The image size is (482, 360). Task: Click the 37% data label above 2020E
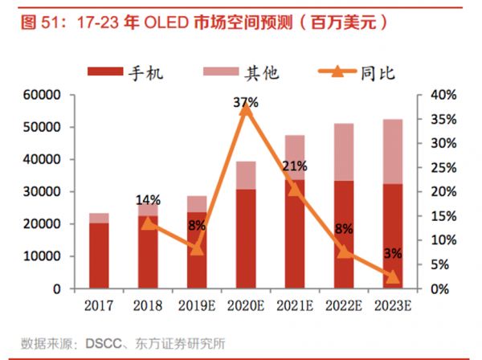click(246, 103)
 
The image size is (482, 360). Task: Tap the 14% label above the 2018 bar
click(148, 200)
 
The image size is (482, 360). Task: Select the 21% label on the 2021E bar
click(295, 167)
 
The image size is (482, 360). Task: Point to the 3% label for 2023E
click(393, 254)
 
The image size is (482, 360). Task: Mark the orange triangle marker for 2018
click(148, 223)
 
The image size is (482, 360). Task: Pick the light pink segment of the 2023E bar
click(393, 152)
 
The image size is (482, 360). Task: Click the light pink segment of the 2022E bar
click(344, 152)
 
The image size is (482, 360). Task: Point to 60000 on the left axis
click(39, 95)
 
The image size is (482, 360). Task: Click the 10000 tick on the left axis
click(39, 256)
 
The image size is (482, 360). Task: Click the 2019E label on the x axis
click(197, 306)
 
